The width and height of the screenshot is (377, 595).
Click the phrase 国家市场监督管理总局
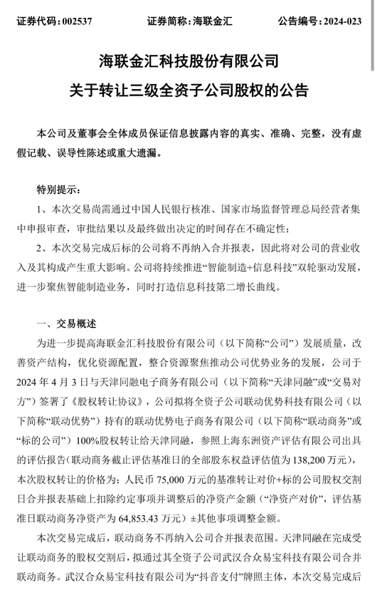tap(262, 209)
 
